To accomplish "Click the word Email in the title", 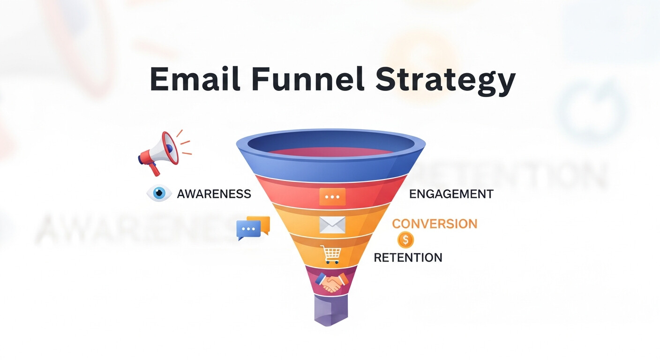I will [195, 79].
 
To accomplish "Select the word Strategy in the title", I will [445, 81].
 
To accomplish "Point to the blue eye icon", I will [159, 193].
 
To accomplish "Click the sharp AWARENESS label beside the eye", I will [214, 194].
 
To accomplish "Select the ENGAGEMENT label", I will [451, 194].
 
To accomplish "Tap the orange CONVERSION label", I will [435, 224].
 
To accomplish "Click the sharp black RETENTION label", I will [408, 257].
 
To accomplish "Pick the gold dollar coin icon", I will [405, 240].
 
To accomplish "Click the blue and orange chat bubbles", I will [253, 228].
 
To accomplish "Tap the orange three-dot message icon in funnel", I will [332, 197].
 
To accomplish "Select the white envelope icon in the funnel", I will [332, 225].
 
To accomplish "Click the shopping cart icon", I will [331, 255].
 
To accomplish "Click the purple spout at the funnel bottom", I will [331, 310].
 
